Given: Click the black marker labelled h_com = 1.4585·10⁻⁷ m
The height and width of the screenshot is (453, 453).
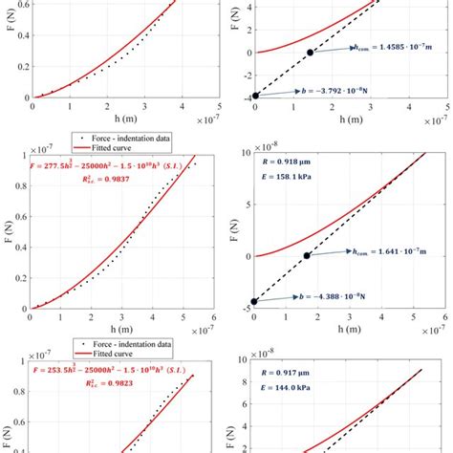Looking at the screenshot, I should click(310, 52).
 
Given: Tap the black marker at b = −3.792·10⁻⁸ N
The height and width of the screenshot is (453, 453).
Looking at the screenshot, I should click(255, 96).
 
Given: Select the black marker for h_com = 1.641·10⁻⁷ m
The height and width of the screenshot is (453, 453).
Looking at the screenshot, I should click(307, 256).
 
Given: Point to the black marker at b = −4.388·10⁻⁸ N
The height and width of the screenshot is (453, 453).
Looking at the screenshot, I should click(254, 301).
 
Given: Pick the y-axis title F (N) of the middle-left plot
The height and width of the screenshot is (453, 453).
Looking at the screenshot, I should click(9, 230).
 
